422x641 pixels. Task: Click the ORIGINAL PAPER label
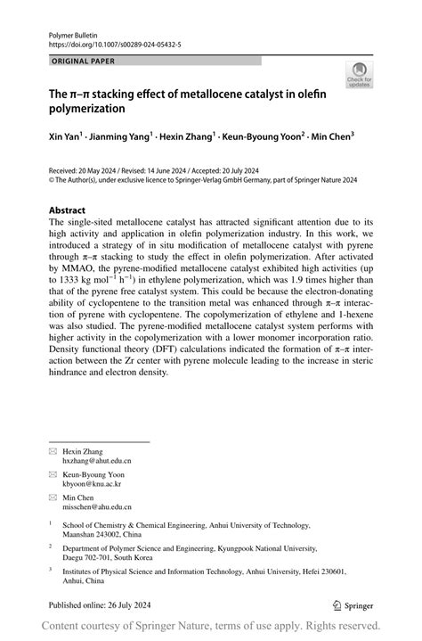[84, 61]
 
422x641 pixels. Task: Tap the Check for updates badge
[360, 76]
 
